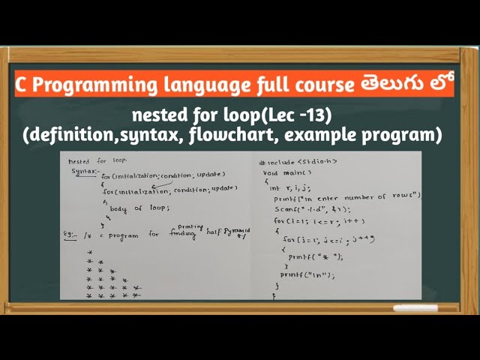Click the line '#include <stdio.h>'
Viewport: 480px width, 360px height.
pos(298,161)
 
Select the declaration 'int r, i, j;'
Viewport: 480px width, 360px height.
pos(292,187)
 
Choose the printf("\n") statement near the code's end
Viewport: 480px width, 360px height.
pos(307,274)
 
